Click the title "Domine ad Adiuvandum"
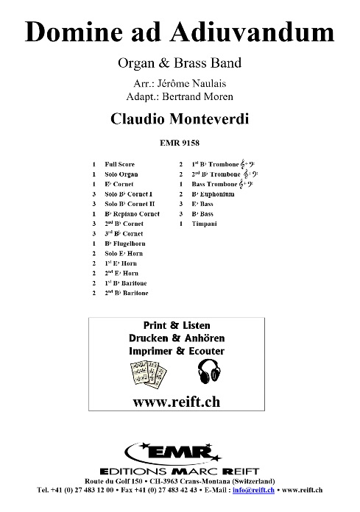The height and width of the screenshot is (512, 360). tap(180, 32)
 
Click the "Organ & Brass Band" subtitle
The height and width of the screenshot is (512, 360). tap(180, 63)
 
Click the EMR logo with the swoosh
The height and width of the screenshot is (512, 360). tap(179, 449)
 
